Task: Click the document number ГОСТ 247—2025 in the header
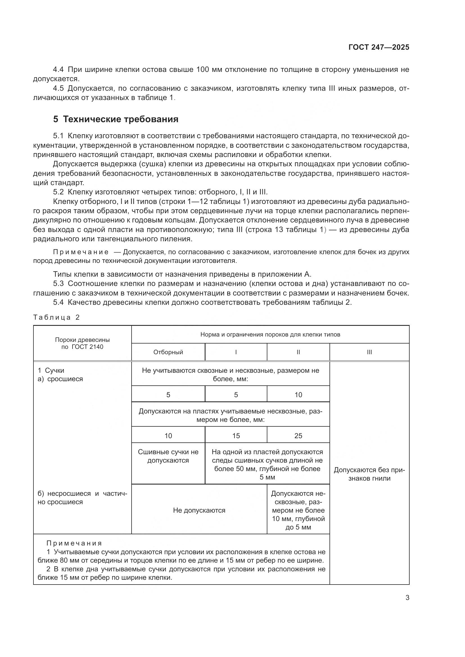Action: click(378, 47)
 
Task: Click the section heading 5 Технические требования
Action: click(116, 119)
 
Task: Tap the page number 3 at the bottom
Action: click(407, 598)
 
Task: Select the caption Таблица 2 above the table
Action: click(57, 317)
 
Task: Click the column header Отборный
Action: click(168, 352)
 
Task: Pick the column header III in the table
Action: click(369, 352)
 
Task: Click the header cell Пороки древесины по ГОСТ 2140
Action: click(82, 343)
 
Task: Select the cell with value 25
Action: click(298, 436)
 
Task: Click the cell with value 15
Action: click(236, 436)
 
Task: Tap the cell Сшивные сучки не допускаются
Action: click(168, 456)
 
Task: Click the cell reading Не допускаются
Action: click(199, 510)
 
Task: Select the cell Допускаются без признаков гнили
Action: click(369, 474)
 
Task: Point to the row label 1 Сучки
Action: click(51, 370)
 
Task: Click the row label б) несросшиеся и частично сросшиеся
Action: click(82, 498)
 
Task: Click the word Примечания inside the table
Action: click(74, 543)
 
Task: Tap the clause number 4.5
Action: click(59, 88)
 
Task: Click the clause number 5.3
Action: click(59, 284)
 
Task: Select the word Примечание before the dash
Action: click(81, 252)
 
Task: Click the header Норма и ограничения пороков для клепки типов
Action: click(270, 335)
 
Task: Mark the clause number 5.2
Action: click(59, 192)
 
